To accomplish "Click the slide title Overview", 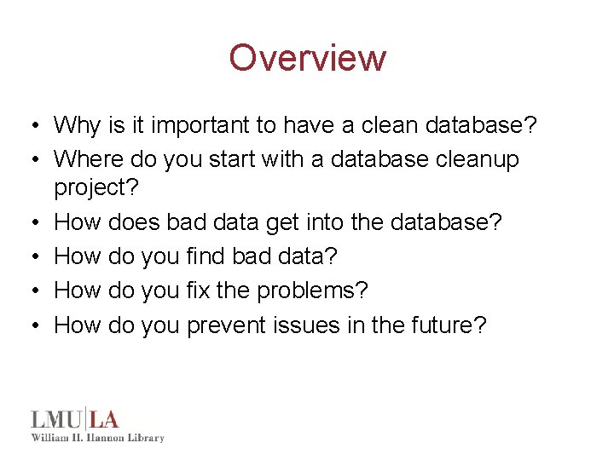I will click(307, 58).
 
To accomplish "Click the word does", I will click(134, 222).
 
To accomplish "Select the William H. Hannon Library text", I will click(97, 438).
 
